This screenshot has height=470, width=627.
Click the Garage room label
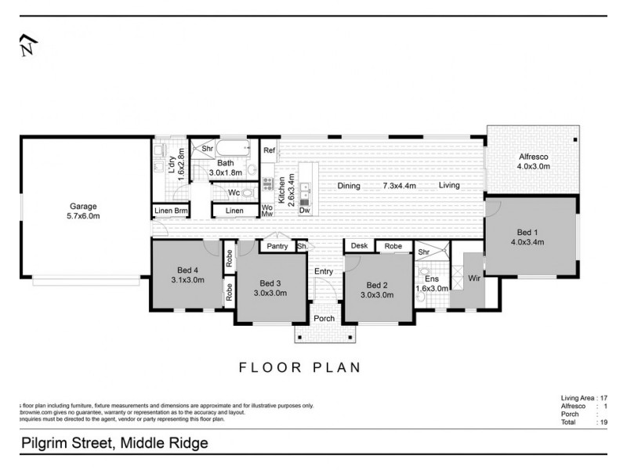point(82,207)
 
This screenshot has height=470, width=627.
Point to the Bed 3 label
point(270,283)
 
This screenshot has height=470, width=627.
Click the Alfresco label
point(531,157)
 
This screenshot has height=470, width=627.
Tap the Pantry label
point(277,246)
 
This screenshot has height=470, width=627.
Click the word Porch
point(324,318)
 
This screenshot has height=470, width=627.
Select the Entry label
point(324,271)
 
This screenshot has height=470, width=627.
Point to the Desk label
point(359,246)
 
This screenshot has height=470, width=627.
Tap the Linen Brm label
point(171,210)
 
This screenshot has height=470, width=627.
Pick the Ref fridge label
point(269,150)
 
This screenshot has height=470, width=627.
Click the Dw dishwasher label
point(304,210)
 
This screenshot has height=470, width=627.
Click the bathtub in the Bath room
point(232,149)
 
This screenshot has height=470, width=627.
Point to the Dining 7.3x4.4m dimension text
point(398,186)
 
